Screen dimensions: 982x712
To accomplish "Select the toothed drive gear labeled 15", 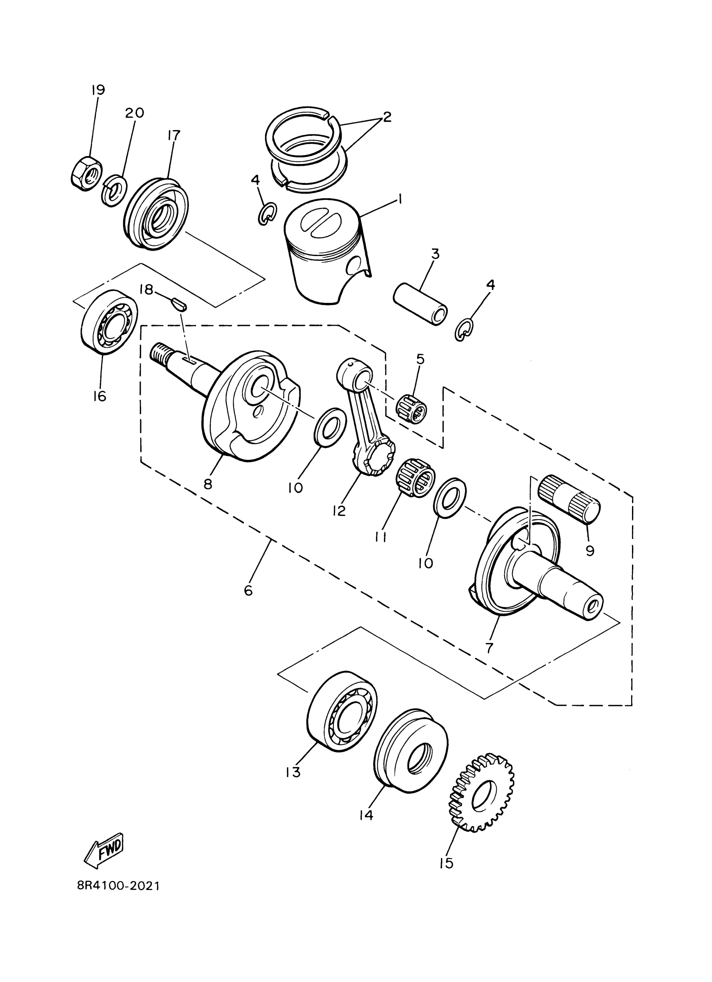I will tap(481, 793).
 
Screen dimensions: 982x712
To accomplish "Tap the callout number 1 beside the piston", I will tap(400, 199).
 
